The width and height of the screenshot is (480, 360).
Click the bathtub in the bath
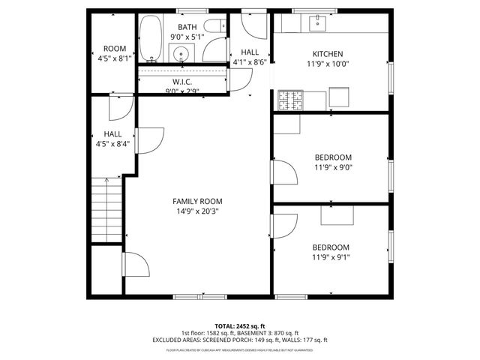tap(150, 39)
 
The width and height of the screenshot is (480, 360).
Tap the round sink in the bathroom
tap(181, 53)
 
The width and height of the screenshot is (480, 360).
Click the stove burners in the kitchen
tap(288, 98)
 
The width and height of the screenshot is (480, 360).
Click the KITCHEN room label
tap(328, 54)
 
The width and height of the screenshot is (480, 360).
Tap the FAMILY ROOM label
tap(197, 201)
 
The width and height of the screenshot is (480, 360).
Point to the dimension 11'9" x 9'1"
tap(331, 257)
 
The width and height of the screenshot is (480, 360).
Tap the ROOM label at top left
tap(114, 48)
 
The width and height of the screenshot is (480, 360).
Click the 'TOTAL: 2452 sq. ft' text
tap(239, 326)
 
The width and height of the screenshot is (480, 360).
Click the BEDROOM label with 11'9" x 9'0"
tap(332, 157)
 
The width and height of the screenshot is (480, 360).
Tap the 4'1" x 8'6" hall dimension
tap(250, 62)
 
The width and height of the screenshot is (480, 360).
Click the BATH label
tap(187, 27)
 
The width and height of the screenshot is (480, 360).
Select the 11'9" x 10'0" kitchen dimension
tap(328, 64)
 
